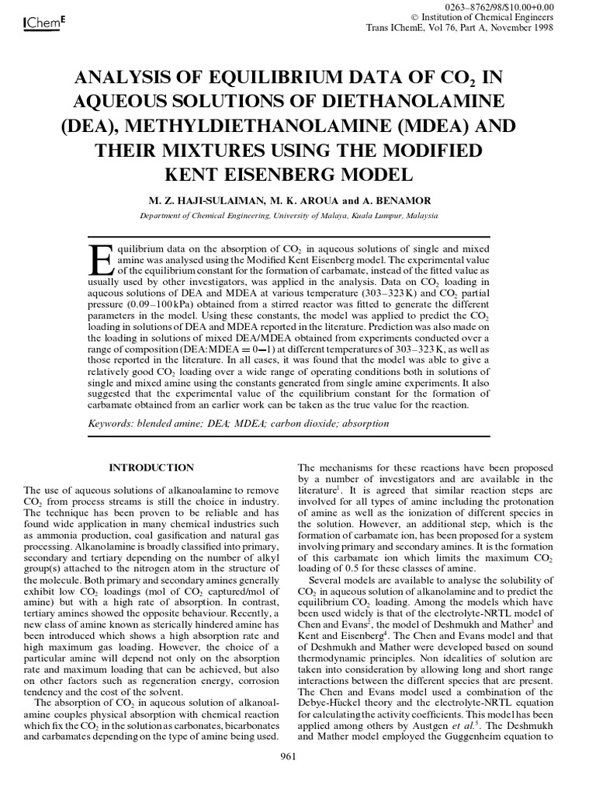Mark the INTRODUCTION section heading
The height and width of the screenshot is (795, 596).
(151, 467)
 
